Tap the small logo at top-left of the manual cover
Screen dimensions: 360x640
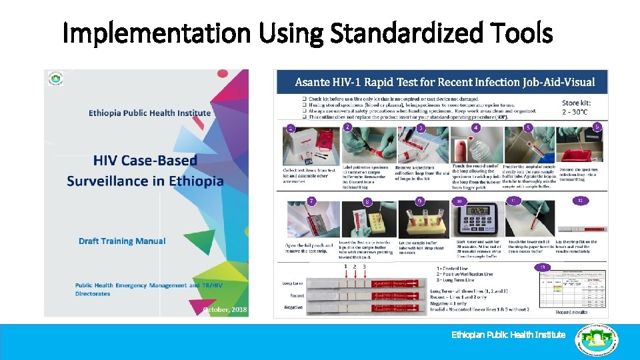[x=55, y=79]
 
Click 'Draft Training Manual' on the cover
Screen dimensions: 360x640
[x=121, y=241]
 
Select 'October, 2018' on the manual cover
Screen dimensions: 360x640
[x=225, y=309]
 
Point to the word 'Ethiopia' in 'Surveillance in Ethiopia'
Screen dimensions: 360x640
[x=199, y=181]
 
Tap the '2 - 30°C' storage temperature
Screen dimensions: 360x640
[x=579, y=112]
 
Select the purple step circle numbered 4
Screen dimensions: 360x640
[x=475, y=127]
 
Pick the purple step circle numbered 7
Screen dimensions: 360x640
[x=311, y=201]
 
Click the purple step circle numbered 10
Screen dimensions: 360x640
[x=459, y=201]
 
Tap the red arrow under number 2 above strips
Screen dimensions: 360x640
[x=354, y=274]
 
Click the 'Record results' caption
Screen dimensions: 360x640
[x=571, y=311]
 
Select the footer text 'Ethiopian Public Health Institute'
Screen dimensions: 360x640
[x=508, y=335]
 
